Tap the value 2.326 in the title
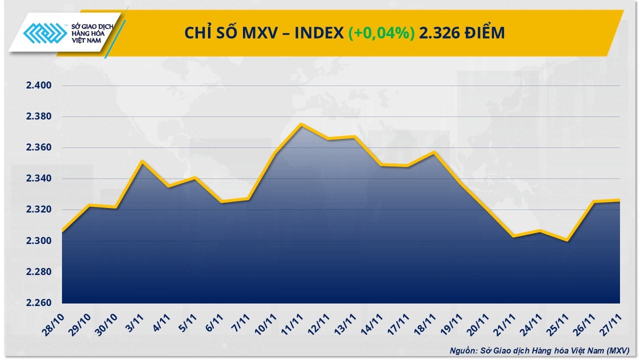[x=438, y=33]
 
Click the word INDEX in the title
[x=319, y=33]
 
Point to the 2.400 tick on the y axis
[x=39, y=85]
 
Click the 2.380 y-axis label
[x=39, y=116]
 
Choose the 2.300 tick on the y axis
[x=39, y=241]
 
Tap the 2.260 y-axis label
[x=39, y=303]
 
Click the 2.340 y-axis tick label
[x=39, y=178]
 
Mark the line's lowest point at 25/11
[x=567, y=240]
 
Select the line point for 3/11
[x=142, y=161]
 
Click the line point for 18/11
[x=434, y=152]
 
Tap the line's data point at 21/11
[x=514, y=236]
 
